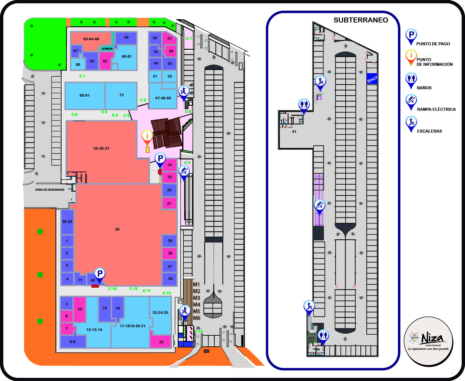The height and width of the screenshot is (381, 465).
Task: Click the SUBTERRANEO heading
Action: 361,20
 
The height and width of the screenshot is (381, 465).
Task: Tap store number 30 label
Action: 117,229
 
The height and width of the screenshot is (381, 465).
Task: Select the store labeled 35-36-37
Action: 101,148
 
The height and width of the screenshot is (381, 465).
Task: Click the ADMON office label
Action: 107,49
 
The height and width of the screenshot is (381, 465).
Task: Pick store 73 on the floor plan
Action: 121,95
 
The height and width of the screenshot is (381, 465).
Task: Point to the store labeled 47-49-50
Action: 163,98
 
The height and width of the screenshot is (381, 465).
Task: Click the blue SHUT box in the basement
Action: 372,79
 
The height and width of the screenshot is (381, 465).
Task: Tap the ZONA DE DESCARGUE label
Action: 50,190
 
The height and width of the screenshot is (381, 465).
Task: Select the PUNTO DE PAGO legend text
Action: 433,44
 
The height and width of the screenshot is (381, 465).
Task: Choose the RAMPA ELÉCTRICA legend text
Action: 436,109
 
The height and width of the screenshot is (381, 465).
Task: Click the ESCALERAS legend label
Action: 429,131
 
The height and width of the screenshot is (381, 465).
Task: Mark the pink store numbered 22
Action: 161,342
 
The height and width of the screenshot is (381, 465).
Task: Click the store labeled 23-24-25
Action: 160,313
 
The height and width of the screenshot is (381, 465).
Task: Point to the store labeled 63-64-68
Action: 91,39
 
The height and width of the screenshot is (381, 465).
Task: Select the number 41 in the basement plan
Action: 294,132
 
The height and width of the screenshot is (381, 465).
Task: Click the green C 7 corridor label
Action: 189,39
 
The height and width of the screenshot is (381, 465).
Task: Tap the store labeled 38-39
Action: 67,222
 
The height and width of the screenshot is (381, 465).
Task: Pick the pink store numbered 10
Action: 80,309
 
